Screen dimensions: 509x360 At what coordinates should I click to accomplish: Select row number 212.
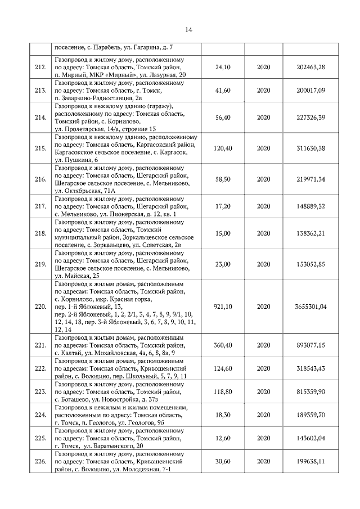40,67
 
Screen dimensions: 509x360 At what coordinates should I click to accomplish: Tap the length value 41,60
223,90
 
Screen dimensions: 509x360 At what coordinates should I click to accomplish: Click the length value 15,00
223,233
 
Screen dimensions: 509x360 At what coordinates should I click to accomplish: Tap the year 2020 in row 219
263,264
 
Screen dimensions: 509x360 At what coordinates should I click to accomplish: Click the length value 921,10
223,307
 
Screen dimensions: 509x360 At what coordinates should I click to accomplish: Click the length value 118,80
223,391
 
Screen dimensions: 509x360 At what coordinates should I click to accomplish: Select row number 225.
40,438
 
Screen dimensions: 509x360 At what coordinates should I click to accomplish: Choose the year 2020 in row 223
263,391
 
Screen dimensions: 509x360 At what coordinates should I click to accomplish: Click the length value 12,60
223,438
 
